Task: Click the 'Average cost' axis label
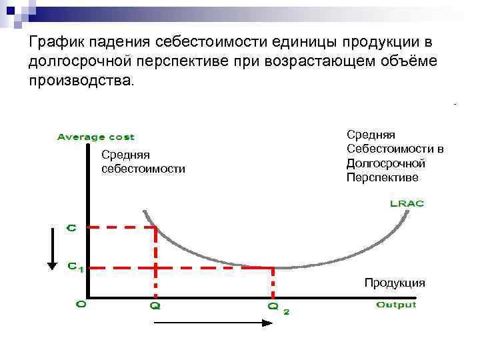tap(95, 137)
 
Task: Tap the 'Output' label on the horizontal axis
tap(396, 305)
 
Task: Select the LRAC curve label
tap(406, 203)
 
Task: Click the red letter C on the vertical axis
tap(71, 227)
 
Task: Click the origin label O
tap(81, 304)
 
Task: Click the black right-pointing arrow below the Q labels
tap(213, 323)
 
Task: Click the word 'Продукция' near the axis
tap(395, 283)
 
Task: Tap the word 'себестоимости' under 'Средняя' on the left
tap(143, 169)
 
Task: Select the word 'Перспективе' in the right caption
tap(382, 177)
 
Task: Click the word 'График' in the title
tap(51, 42)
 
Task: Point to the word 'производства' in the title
tap(80, 81)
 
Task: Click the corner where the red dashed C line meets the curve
tap(155, 227)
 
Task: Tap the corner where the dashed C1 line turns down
tap(273, 268)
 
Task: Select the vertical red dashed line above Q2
tap(273, 283)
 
